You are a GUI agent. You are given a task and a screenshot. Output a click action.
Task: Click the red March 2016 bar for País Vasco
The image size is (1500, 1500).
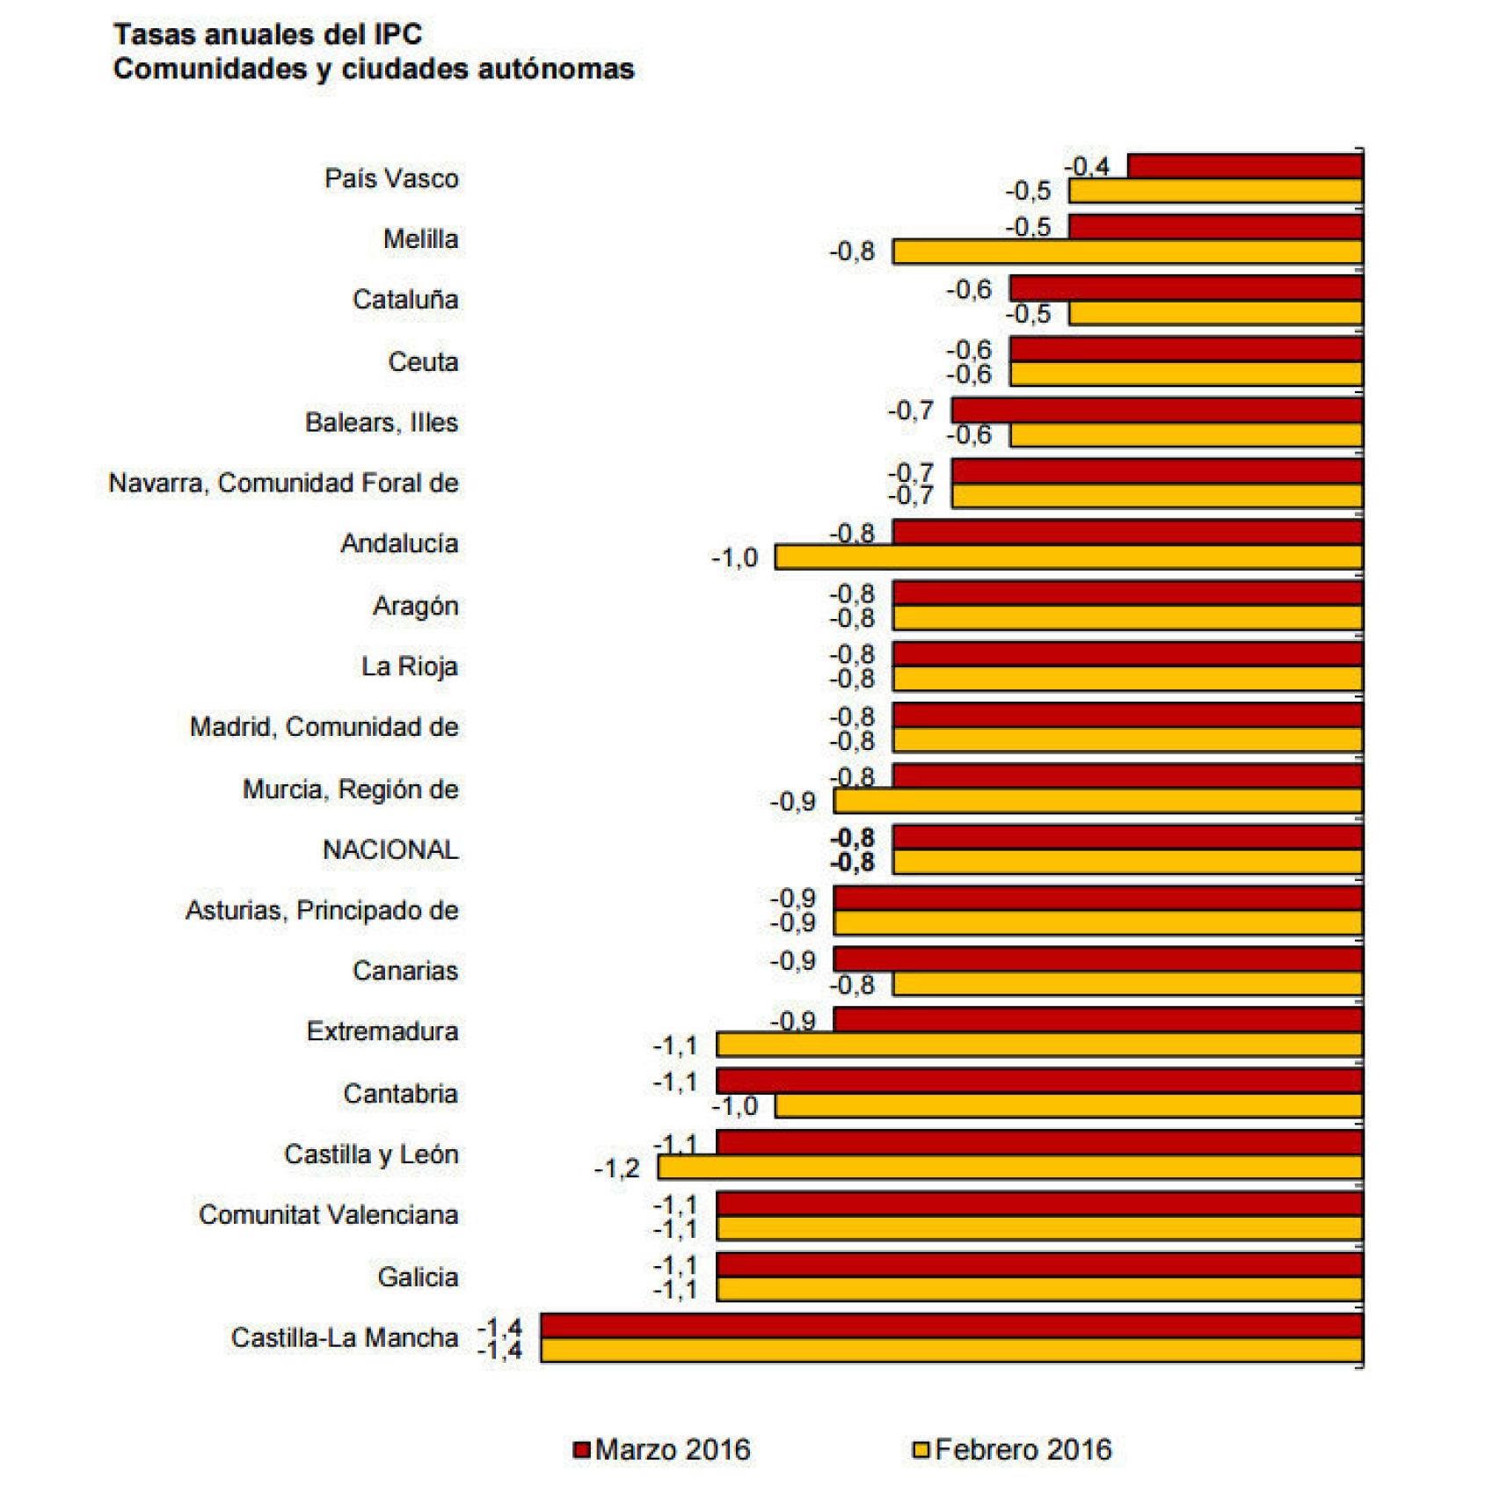[x=1245, y=166]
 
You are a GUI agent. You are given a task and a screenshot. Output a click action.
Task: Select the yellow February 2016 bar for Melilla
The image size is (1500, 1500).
[x=1127, y=252]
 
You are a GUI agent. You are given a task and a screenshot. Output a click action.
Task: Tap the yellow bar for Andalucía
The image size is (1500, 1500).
[x=1068, y=557]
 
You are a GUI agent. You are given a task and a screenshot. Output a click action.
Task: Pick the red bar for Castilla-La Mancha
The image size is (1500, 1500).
[x=951, y=1326]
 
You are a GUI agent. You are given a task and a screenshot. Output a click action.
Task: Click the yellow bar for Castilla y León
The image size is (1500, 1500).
[x=1010, y=1168]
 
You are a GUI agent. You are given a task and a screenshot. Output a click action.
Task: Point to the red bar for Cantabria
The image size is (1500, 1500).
[x=1039, y=1081]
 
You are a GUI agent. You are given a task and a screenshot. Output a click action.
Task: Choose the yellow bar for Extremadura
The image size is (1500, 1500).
[x=1039, y=1045]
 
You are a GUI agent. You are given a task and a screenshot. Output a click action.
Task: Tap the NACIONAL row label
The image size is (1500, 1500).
[x=390, y=850]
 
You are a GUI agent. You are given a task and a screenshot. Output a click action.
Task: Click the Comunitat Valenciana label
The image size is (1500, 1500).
[x=328, y=1215]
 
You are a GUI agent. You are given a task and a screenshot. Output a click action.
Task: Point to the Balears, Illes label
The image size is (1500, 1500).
[x=382, y=423]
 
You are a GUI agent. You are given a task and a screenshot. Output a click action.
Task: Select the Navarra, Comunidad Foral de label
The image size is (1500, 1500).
[x=283, y=484]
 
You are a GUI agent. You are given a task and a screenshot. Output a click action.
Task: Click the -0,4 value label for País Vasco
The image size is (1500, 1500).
[x=1088, y=166]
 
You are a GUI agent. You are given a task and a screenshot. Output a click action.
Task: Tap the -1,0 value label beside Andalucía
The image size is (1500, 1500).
[x=734, y=558]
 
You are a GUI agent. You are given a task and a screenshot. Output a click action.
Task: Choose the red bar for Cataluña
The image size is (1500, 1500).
[x=1186, y=288]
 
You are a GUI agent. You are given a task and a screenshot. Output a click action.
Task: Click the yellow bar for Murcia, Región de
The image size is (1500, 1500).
[x=1098, y=801]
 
